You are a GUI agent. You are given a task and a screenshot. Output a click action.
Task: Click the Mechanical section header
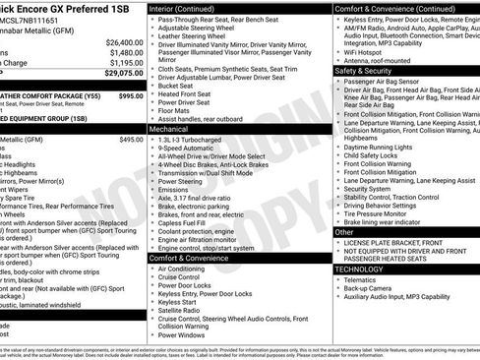169,128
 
